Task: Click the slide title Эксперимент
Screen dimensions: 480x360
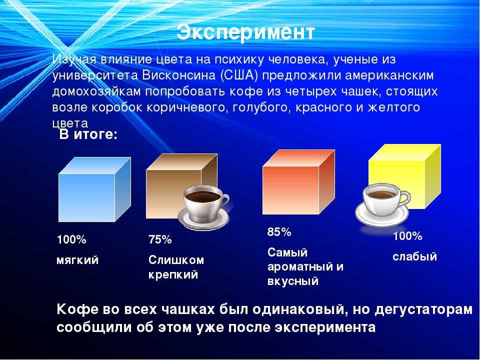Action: (x=245, y=32)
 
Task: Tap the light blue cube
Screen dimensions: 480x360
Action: (x=94, y=189)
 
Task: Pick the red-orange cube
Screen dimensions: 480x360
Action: (x=298, y=182)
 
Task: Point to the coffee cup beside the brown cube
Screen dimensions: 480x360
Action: (x=204, y=208)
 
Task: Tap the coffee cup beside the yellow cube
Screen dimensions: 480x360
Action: (x=382, y=204)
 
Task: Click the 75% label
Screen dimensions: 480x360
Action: (x=160, y=239)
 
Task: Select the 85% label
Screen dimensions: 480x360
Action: (x=279, y=231)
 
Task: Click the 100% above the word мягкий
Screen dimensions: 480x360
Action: (x=71, y=239)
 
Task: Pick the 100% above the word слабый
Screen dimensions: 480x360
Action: (x=407, y=236)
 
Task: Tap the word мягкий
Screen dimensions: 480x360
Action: (x=77, y=260)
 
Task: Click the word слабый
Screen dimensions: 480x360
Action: (x=414, y=256)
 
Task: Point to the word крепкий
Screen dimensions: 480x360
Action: (x=173, y=274)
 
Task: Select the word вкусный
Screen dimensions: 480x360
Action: (x=293, y=281)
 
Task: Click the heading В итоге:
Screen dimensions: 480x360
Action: (x=88, y=134)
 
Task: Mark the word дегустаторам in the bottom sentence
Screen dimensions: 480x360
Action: (x=423, y=310)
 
